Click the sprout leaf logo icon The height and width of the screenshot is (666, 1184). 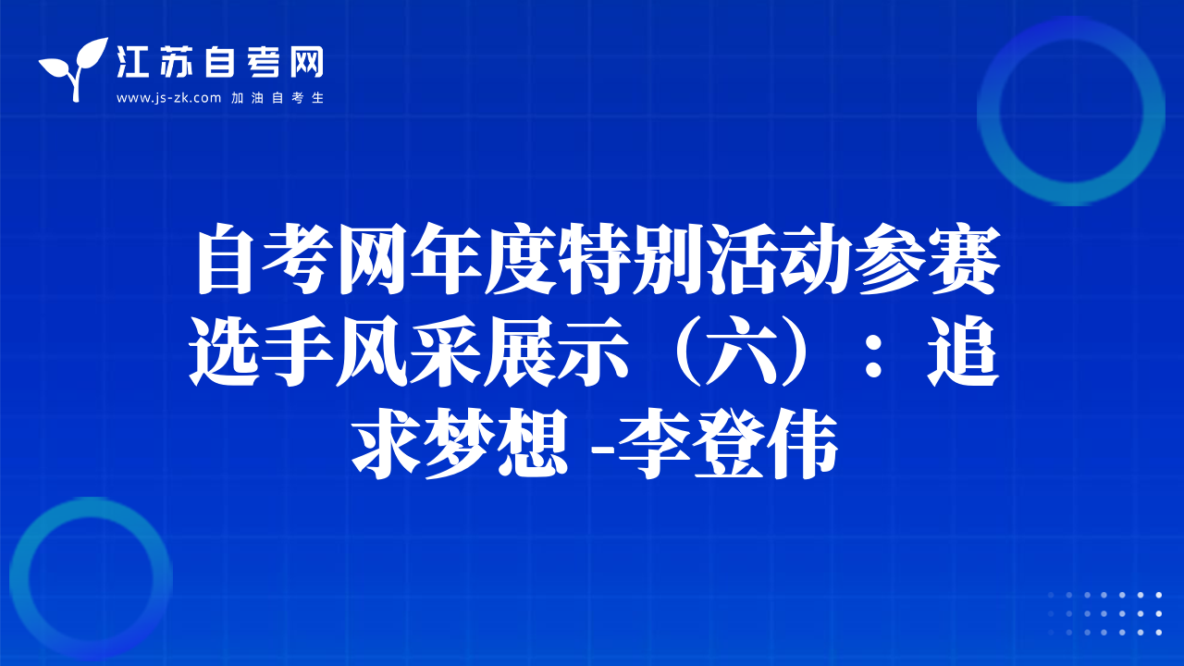(74, 69)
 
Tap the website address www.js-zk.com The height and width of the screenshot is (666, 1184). (168, 98)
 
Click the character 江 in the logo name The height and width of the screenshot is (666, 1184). (132, 62)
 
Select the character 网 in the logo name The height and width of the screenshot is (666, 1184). (306, 62)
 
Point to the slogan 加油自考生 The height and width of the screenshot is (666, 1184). (277, 98)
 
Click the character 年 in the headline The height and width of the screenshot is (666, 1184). (447, 258)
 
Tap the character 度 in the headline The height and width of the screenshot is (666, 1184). (521, 258)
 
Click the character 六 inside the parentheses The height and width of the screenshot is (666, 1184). (741, 351)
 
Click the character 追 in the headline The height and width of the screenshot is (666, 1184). (963, 351)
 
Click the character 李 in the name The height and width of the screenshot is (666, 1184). (656, 443)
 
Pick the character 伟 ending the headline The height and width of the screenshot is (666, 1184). (802, 443)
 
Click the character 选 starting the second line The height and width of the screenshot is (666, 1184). (226, 351)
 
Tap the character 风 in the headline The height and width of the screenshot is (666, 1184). (373, 351)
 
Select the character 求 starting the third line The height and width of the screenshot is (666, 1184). (387, 443)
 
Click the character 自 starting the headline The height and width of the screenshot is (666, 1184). (226, 258)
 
